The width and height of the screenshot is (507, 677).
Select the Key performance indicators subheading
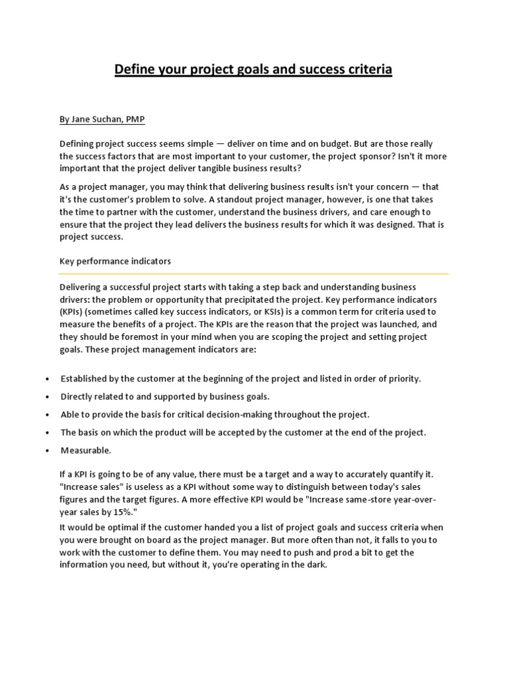(x=116, y=261)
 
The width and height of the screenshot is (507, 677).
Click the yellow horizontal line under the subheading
(x=254, y=273)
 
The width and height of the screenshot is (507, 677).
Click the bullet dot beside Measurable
(x=48, y=451)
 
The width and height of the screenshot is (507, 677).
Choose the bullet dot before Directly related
(x=48, y=397)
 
